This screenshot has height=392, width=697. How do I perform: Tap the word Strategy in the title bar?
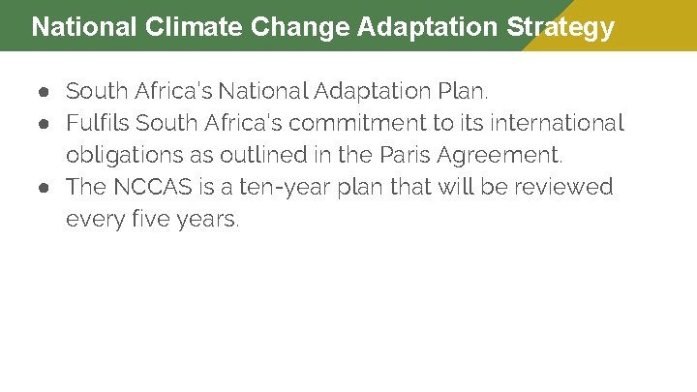(561, 26)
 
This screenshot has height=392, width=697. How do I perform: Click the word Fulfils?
(98, 123)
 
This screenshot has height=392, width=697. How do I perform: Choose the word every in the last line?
(90, 219)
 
